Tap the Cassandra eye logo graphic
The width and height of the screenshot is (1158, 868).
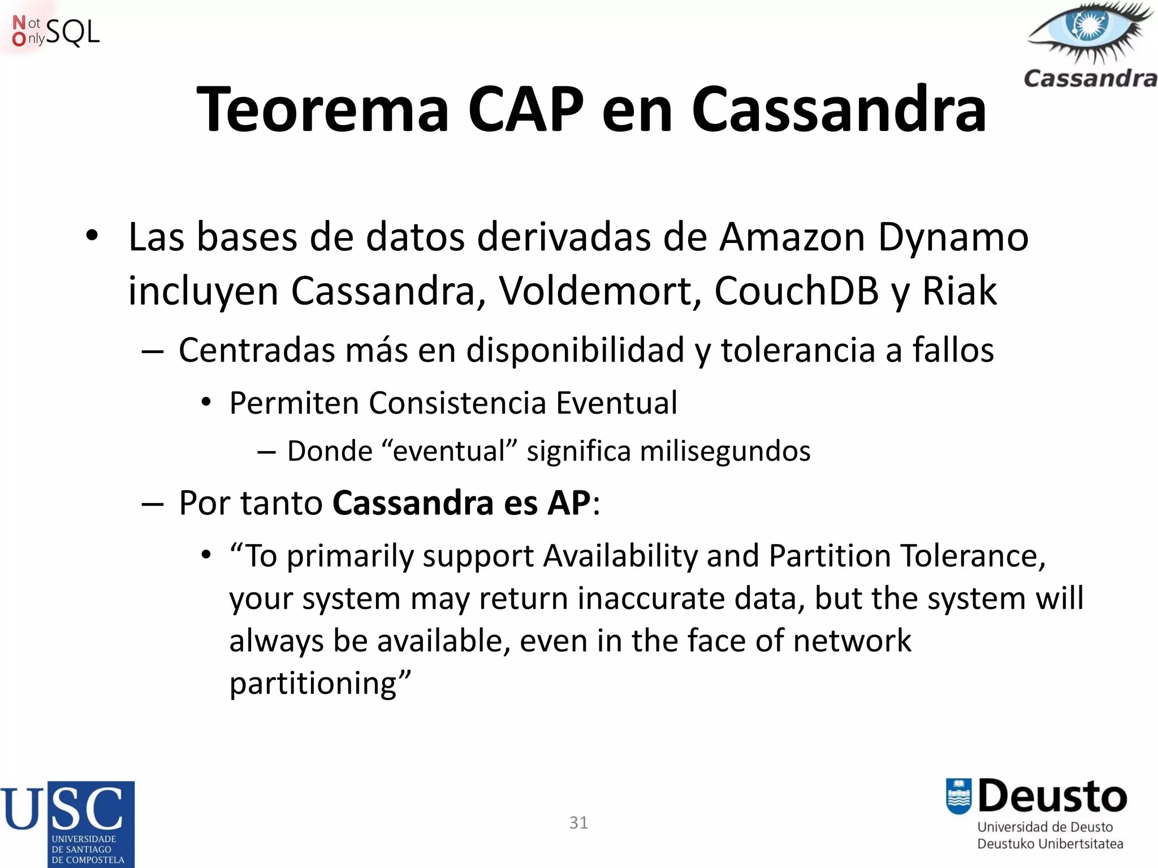pyautogui.click(x=1088, y=31)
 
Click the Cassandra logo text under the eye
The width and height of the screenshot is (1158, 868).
pyautogui.click(x=1090, y=79)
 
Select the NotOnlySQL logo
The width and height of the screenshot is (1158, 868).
pyautogui.click(x=55, y=32)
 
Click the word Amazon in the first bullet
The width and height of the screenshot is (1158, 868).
pyautogui.click(x=792, y=237)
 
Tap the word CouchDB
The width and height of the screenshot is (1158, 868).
pyautogui.click(x=796, y=292)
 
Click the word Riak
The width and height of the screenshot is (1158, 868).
pyautogui.click(x=959, y=292)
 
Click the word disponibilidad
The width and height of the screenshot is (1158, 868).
pyautogui.click(x=575, y=350)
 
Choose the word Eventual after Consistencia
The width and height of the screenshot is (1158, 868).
pyautogui.click(x=616, y=403)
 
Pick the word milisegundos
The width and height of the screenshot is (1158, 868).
pyautogui.click(x=725, y=452)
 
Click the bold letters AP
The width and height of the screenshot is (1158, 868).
pyautogui.click(x=568, y=503)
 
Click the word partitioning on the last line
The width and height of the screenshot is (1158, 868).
pyautogui.click(x=313, y=684)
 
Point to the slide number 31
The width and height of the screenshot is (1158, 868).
pyautogui.click(x=578, y=823)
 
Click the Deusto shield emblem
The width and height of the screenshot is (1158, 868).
pyautogui.click(x=958, y=796)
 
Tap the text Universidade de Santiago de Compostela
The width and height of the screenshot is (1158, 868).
pyautogui.click(x=88, y=849)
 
